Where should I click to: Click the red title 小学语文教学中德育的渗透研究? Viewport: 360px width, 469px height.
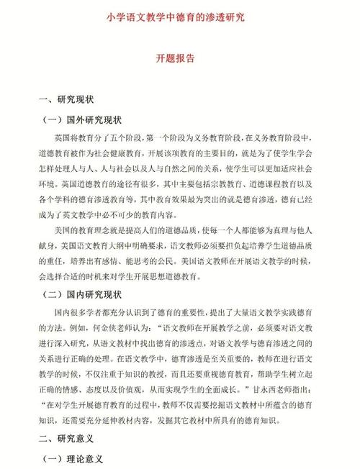pos(179,16)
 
